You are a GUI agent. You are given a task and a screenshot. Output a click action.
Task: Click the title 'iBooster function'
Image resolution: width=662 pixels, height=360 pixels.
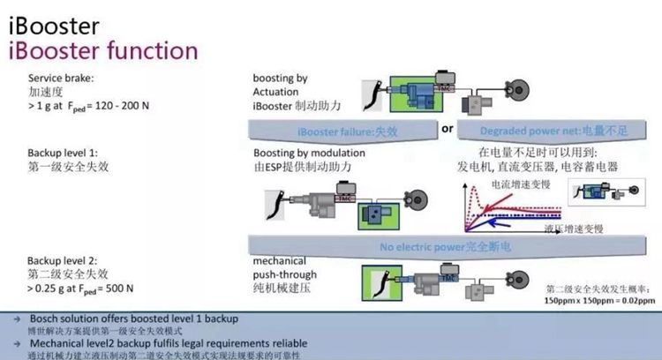pos(103,49)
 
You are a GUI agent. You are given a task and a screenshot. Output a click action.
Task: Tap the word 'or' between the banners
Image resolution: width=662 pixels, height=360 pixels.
pos(448,129)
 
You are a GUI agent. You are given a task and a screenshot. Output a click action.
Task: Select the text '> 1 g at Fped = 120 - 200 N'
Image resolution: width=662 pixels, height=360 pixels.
pos(84,105)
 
